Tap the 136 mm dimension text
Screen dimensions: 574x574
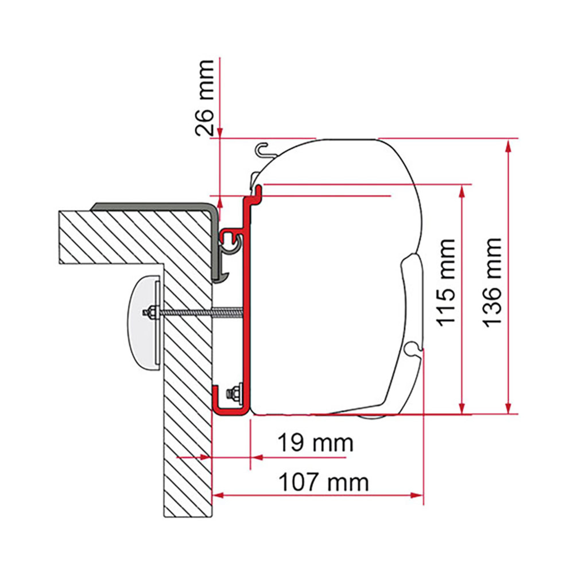[492, 282]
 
